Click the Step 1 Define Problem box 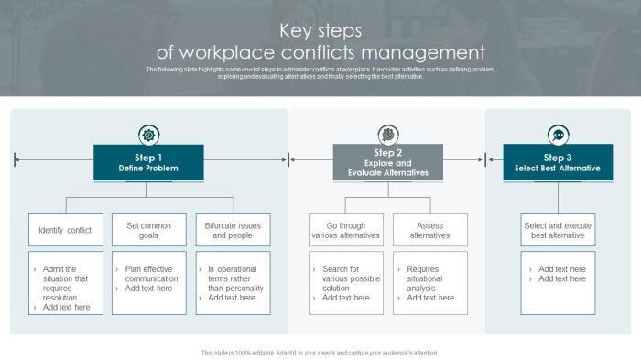point(148,163)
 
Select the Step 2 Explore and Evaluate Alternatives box point(388,163)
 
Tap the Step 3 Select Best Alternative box point(558,163)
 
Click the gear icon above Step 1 point(148,135)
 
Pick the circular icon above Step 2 point(388,135)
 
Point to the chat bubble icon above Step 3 point(558,135)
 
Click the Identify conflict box point(65,230)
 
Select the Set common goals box point(148,230)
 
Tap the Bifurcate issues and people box point(233,230)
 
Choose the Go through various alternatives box point(345,230)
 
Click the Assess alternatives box point(429,230)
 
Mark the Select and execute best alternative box point(558,230)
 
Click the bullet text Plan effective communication point(151,274)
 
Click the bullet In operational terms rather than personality point(235,278)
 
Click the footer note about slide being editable point(320,353)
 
